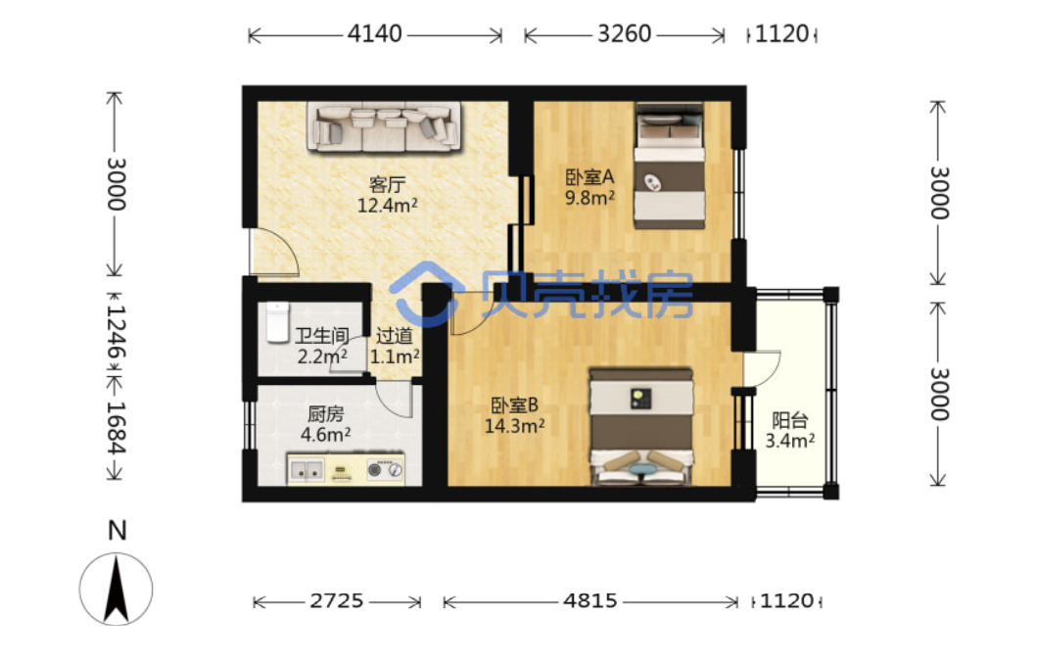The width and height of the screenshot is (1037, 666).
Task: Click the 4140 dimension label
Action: pyautogui.click(x=374, y=33)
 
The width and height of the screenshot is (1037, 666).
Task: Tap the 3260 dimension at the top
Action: pyautogui.click(x=625, y=33)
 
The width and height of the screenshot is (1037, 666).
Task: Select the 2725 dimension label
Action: pyautogui.click(x=337, y=600)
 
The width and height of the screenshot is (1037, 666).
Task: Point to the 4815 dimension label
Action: pyautogui.click(x=589, y=600)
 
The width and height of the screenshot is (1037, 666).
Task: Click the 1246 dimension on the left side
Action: pyautogui.click(x=116, y=333)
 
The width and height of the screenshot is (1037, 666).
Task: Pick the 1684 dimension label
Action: pyautogui.click(x=116, y=428)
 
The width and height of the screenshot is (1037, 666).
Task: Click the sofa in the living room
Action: pyautogui.click(x=384, y=126)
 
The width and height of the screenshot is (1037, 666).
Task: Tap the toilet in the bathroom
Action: pyautogui.click(x=278, y=322)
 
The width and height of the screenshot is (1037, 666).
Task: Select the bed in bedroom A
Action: pyautogui.click(x=669, y=166)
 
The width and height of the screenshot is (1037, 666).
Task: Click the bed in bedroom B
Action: pyautogui.click(x=640, y=427)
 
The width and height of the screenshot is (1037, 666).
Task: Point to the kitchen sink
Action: pyautogui.click(x=306, y=470)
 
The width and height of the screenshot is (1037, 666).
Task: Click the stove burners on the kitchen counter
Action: pyautogui.click(x=384, y=469)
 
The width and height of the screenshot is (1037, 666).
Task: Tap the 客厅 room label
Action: pyautogui.click(x=387, y=184)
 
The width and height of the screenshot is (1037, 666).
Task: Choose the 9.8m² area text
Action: pyautogui.click(x=589, y=198)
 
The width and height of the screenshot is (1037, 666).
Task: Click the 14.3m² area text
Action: pyautogui.click(x=514, y=426)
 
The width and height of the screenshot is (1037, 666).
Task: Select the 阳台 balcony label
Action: pyautogui.click(x=789, y=420)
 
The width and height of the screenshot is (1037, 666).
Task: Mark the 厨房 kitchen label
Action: pyautogui.click(x=325, y=414)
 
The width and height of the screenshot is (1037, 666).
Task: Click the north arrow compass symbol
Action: pyautogui.click(x=116, y=589)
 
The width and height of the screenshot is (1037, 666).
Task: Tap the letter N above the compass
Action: pyautogui.click(x=118, y=531)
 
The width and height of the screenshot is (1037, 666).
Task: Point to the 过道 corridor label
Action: pyautogui.click(x=395, y=336)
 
